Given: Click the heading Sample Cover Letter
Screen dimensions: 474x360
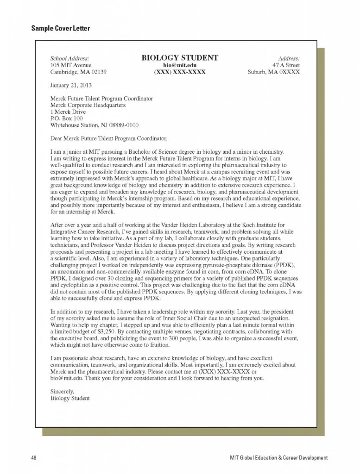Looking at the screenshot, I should pos(60,29).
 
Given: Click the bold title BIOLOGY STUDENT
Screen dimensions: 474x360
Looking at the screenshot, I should pos(180,58).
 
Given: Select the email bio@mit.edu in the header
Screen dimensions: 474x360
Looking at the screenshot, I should pos(180,66).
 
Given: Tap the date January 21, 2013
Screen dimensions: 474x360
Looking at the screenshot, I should pos(71,86).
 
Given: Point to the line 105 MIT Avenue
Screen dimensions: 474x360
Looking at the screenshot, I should pos(71,66).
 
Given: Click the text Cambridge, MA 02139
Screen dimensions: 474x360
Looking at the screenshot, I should pos(78,73).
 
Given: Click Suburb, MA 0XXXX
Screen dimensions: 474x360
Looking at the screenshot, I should pos(274,73).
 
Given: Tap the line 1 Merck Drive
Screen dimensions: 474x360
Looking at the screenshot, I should pos(68,112).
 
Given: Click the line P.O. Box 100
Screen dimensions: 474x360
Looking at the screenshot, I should pos(66,118).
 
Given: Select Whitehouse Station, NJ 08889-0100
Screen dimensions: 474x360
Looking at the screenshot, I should pos(94,125).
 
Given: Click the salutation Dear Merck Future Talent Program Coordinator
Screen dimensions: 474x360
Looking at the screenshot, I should pos(108,138).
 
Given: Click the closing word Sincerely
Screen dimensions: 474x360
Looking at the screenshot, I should pos(61,391).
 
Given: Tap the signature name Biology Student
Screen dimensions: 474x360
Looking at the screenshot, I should pos(69,398).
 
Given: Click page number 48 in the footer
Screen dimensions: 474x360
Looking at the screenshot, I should pos(34,458).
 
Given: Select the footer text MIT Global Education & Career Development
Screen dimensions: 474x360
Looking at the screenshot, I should pos(279,458).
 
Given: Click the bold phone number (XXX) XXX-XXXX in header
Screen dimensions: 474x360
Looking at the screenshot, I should pos(180,73).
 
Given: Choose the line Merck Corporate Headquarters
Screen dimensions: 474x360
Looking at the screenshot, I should pos(88,106).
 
